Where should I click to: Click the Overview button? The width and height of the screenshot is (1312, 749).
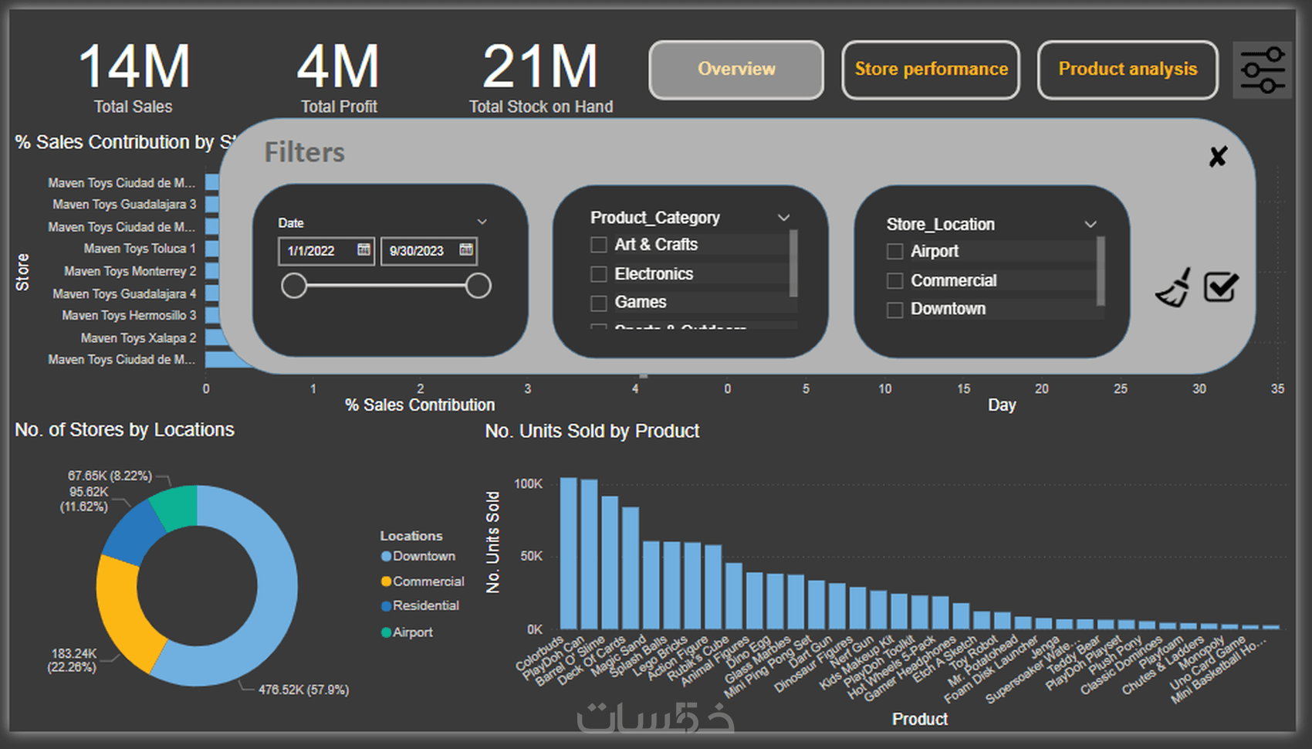(736, 69)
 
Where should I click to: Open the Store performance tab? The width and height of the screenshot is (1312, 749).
(931, 69)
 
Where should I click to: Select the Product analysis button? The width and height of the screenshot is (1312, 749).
(1128, 69)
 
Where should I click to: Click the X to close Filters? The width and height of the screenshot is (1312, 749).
(1218, 157)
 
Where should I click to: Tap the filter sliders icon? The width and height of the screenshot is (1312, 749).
(1263, 69)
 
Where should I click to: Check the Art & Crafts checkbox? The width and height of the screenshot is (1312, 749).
(598, 245)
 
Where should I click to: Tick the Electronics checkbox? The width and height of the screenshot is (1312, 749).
(598, 274)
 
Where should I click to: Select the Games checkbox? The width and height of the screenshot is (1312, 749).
(598, 303)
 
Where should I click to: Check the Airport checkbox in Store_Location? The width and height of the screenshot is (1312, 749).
(895, 252)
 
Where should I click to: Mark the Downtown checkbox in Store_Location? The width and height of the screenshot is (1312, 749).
(895, 310)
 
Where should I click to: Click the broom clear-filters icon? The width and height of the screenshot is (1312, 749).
(1173, 287)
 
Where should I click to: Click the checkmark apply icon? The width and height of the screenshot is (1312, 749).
(1221, 287)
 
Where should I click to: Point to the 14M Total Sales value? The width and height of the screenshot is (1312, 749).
(134, 67)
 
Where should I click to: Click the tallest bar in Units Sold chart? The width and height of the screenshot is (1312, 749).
(569, 552)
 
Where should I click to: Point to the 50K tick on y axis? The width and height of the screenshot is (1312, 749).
(531, 556)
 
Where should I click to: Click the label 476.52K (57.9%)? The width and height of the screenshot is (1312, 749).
(303, 690)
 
